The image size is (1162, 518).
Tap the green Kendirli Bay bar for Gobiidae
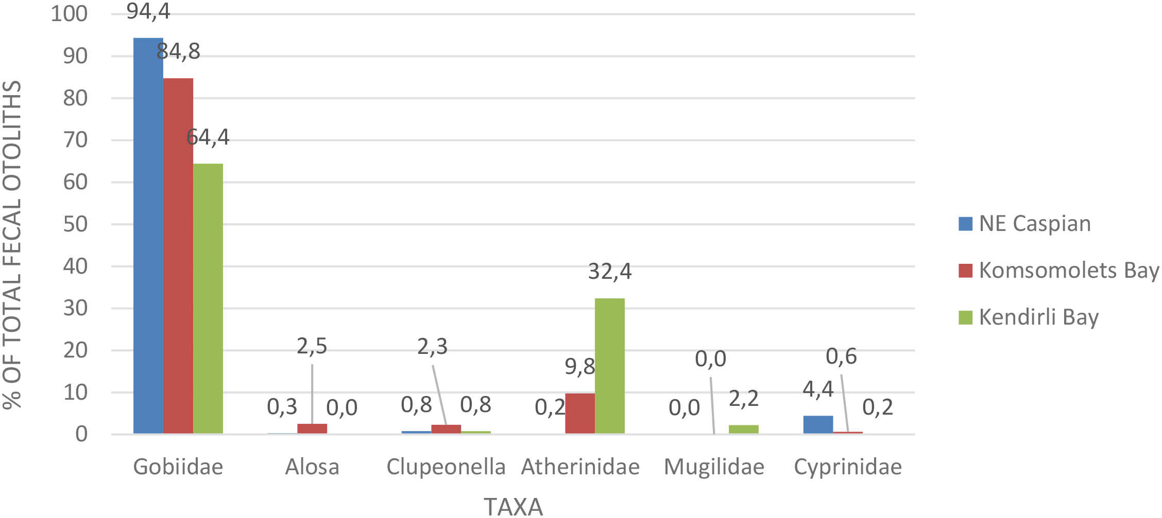[208, 298]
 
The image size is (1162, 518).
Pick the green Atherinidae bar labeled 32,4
[610, 366]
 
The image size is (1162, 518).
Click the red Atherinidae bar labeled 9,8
[580, 414]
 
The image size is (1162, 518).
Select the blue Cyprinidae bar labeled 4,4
[818, 425]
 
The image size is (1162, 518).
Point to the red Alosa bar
[312, 428]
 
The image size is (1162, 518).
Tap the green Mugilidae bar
[744, 430]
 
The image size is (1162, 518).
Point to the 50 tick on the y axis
[75, 224]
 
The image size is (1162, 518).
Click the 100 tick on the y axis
[69, 14]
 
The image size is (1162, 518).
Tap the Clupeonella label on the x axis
[446, 467]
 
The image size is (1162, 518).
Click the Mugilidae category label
[714, 467]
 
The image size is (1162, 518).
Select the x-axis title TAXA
[514, 507]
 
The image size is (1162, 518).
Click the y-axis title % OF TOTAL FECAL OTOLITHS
[12, 244]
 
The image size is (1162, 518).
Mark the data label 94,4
[148, 11]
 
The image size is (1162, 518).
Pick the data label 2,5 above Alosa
[312, 347]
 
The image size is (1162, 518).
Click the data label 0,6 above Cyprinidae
[841, 356]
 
